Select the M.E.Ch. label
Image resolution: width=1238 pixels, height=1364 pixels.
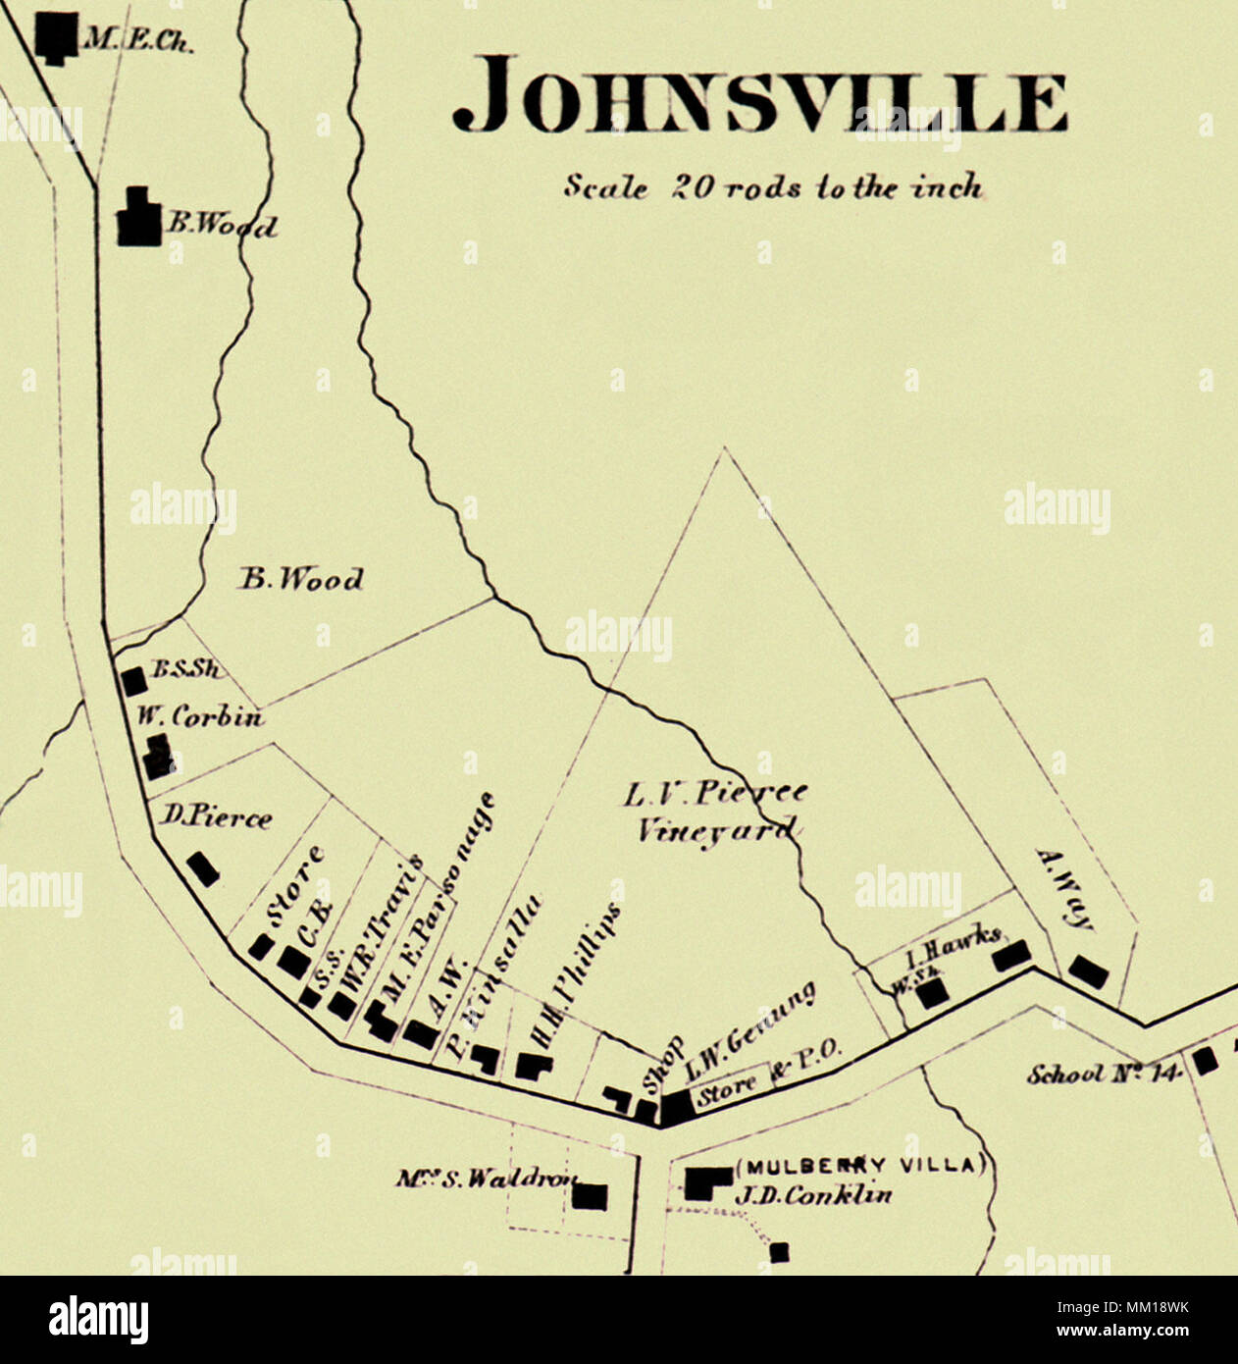[x=138, y=42]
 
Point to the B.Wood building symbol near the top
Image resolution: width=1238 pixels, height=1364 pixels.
[x=139, y=218]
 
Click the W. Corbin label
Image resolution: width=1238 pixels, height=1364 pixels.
[x=200, y=717]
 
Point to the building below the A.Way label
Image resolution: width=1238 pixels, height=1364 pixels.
[x=1088, y=971]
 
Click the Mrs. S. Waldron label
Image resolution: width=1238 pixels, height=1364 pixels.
[x=486, y=1179]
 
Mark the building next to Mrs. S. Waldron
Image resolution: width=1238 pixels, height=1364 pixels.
[x=590, y=1196]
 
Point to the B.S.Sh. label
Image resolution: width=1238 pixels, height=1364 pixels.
[x=186, y=670]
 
